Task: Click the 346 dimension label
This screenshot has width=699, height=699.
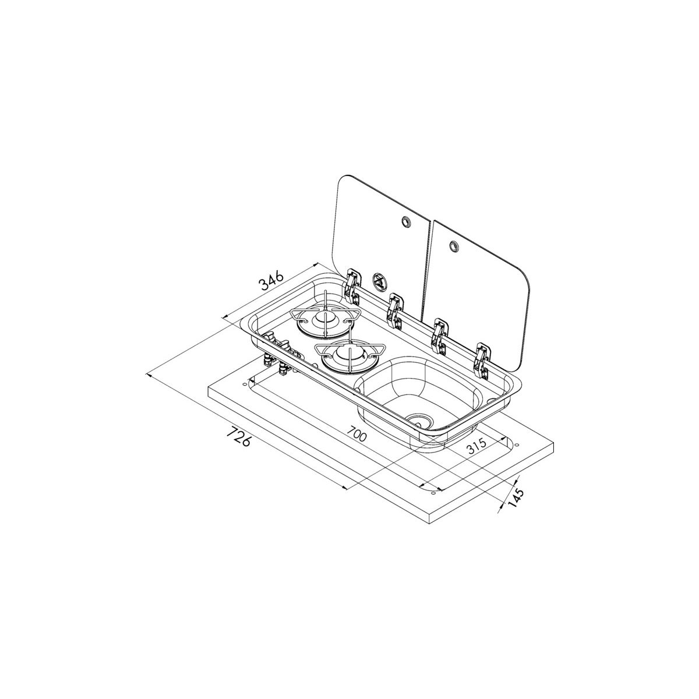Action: point(271,281)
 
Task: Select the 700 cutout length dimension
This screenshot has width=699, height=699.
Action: point(357,433)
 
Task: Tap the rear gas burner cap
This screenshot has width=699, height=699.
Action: point(321,319)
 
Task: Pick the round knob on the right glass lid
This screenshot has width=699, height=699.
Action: point(453,246)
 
